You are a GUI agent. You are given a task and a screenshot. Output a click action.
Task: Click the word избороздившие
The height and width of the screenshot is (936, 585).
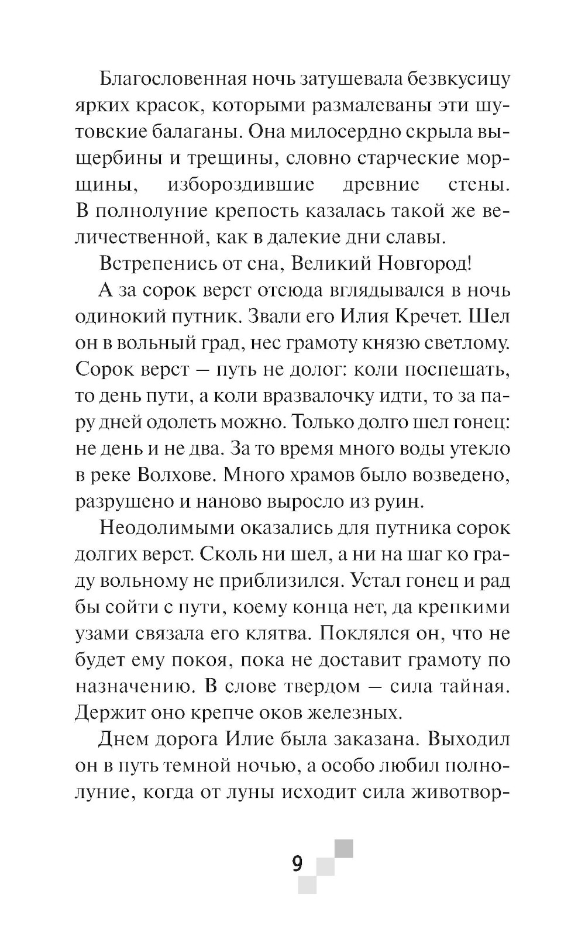[241, 185]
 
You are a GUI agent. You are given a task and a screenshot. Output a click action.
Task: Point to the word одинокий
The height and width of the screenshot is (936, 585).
[125, 316]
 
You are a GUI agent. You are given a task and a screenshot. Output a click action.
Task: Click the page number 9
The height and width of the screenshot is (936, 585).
[298, 863]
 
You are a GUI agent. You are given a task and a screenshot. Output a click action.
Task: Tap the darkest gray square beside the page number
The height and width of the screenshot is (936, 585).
[344, 849]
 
